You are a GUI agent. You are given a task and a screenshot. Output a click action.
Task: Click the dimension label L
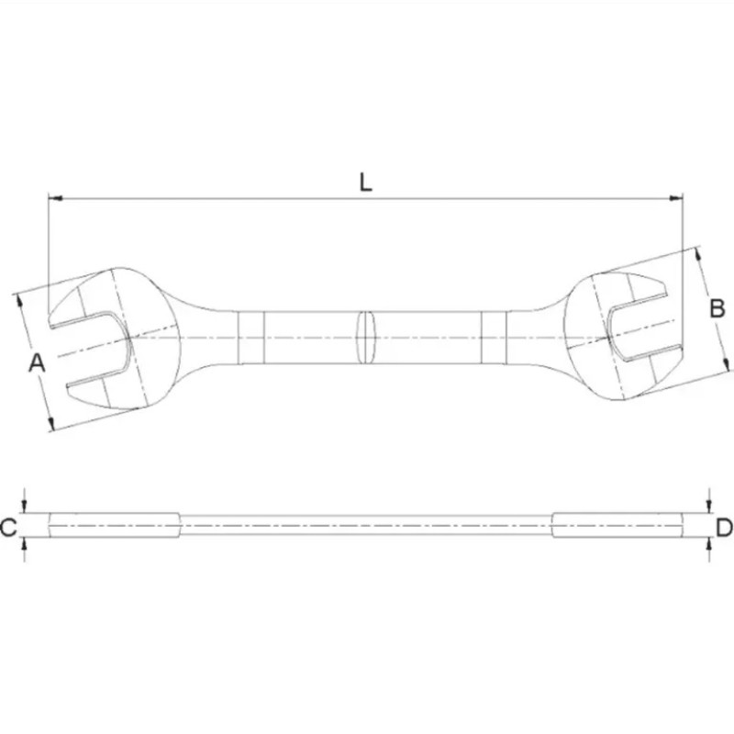pyautogui.click(x=366, y=182)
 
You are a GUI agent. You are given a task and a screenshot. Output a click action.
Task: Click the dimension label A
pyautogui.click(x=36, y=362)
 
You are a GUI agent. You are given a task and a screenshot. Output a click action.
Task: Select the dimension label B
pyautogui.click(x=717, y=309)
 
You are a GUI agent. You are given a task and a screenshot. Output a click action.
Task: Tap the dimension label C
pyautogui.click(x=9, y=527)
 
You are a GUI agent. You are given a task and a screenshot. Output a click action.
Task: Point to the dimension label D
pyautogui.click(x=724, y=527)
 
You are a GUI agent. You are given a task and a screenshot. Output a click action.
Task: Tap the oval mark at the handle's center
pyautogui.click(x=366, y=338)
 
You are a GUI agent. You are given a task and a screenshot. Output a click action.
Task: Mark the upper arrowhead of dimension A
pyautogui.click(x=18, y=299)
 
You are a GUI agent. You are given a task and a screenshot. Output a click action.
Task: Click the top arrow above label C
pyautogui.click(x=26, y=507)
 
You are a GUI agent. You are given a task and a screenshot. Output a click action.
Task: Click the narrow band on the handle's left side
pyautogui.click(x=250, y=338)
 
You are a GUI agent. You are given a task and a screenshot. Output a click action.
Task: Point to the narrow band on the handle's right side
pyautogui.click(x=494, y=338)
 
